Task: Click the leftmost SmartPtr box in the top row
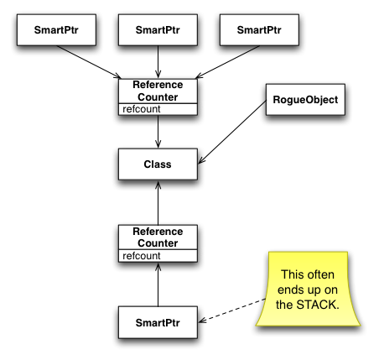pyautogui.click(x=56, y=30)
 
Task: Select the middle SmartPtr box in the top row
pyautogui.click(x=158, y=30)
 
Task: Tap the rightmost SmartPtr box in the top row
pyautogui.click(x=259, y=30)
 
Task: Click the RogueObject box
pyautogui.click(x=305, y=100)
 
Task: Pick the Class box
pyautogui.click(x=158, y=164)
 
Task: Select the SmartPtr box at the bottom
pyautogui.click(x=158, y=322)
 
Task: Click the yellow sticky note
pyautogui.click(x=308, y=289)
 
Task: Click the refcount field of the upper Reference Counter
pyautogui.click(x=158, y=109)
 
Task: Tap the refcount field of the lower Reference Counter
pyautogui.click(x=158, y=256)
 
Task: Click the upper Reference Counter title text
pyautogui.click(x=158, y=91)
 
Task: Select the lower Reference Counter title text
pyautogui.click(x=158, y=237)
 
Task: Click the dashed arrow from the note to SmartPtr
pyautogui.click(x=232, y=310)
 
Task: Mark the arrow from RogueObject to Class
pyautogui.click(x=232, y=133)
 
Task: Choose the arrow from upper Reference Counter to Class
pyautogui.click(x=158, y=132)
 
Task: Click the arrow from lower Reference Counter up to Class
pyautogui.click(x=158, y=203)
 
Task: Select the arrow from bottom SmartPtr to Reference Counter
pyautogui.click(x=158, y=284)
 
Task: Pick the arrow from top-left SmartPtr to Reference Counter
pyautogui.click(x=89, y=62)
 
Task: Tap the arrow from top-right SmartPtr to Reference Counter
pyautogui.click(x=227, y=62)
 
